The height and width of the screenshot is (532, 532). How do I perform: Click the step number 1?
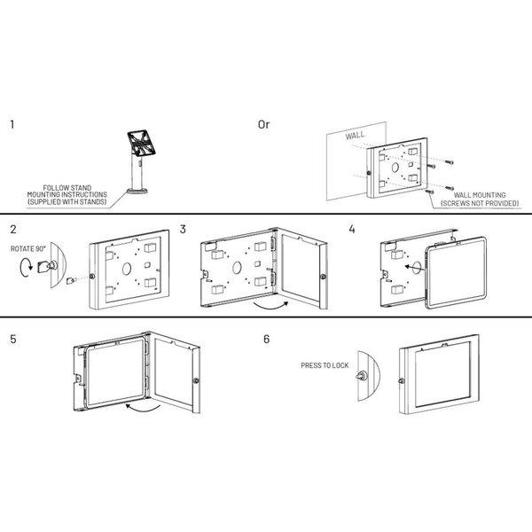click(12, 124)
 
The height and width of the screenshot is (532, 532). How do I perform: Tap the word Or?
click(263, 124)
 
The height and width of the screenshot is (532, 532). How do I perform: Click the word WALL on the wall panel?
click(356, 136)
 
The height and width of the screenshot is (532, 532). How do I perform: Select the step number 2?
click(13, 230)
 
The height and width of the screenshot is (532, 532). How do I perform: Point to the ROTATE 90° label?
click(27, 248)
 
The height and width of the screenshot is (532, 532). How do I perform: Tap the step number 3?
click(183, 230)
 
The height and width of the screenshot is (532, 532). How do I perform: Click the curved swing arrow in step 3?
click(270, 307)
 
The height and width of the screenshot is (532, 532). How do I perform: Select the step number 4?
click(352, 230)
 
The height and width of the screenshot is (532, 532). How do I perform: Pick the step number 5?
click(13, 339)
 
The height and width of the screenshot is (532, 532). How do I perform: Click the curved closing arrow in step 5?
click(143, 408)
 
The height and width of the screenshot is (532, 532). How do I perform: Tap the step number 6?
click(267, 339)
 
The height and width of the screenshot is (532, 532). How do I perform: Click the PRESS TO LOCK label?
click(325, 365)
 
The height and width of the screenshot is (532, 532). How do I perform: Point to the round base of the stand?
click(137, 191)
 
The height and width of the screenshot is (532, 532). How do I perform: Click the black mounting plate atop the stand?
click(142, 143)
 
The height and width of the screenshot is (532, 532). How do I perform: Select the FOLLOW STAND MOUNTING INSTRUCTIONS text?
click(66, 195)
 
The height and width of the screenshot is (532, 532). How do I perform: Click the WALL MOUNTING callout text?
click(480, 199)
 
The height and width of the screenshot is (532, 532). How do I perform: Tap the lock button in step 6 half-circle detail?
click(361, 376)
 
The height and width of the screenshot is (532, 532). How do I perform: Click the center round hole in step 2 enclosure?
click(127, 269)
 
